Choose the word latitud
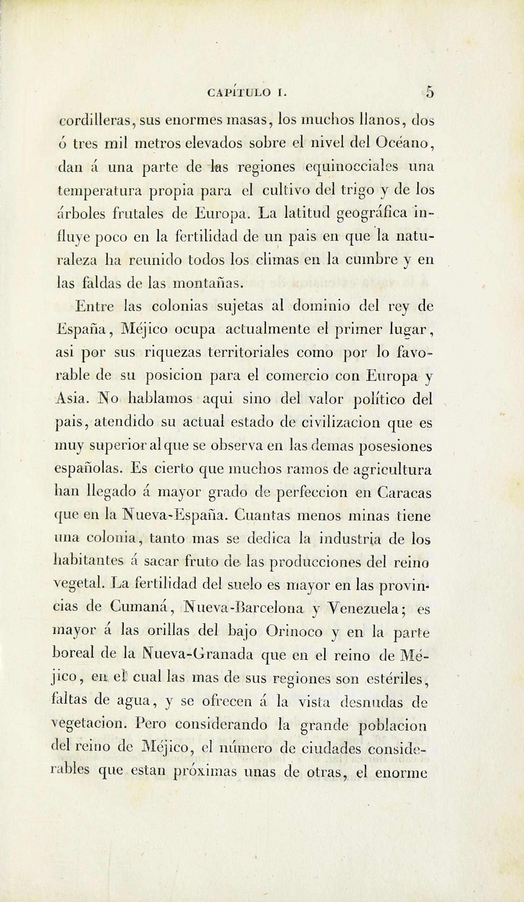click(x=306, y=214)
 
